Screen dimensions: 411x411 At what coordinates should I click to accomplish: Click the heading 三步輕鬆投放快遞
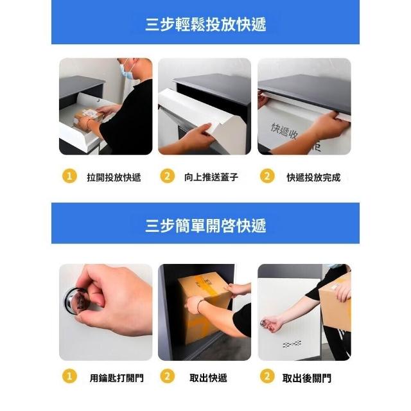point(205,24)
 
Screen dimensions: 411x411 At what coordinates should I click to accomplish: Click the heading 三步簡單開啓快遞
point(205,225)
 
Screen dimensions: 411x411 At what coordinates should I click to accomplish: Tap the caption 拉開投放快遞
point(114,177)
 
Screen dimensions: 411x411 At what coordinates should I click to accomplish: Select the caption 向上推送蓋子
point(211,177)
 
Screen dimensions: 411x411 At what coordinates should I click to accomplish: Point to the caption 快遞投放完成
point(313,177)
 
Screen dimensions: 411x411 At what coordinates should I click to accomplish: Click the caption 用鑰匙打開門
point(117,378)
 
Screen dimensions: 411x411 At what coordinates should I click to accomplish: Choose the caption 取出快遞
point(208,378)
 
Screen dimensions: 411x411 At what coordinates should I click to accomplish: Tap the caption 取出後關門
point(307,378)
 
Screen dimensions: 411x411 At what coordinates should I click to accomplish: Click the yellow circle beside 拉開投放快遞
point(69,176)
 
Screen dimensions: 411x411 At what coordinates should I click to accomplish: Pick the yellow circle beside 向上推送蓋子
point(167,176)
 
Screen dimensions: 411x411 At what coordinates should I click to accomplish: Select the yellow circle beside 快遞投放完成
point(267,176)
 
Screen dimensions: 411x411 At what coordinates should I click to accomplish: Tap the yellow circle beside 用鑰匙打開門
point(69,376)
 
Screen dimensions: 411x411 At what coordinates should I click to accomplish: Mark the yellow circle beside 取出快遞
point(167,376)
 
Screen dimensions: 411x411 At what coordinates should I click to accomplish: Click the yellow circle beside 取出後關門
point(267,376)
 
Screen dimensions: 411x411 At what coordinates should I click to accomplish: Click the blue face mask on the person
point(127,71)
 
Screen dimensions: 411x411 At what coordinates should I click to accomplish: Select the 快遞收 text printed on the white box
point(284,131)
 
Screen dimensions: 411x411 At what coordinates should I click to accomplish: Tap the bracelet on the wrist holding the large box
point(200,305)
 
